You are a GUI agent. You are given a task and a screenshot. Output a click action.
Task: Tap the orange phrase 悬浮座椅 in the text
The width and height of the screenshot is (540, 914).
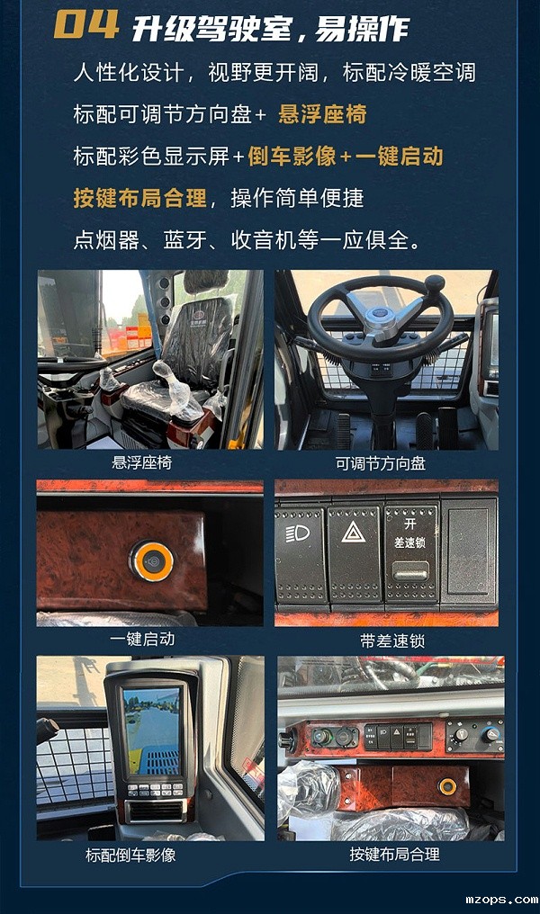tap(322, 114)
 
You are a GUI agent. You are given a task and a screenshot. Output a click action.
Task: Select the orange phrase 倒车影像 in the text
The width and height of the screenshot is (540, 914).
tap(291, 156)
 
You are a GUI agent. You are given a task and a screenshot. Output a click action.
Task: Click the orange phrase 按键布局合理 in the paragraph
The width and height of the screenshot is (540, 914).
tap(139, 198)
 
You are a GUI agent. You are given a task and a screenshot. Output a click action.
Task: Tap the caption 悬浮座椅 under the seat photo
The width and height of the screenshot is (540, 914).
tap(141, 462)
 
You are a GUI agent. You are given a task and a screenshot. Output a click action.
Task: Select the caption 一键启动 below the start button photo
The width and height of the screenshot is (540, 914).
tap(141, 639)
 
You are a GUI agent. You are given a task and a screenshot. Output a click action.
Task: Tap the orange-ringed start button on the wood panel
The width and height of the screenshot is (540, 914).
tap(150, 560)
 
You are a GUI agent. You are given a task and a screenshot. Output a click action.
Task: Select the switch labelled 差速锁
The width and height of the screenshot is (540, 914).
tap(411, 553)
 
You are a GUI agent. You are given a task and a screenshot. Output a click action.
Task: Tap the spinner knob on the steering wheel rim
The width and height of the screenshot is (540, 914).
tap(435, 284)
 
